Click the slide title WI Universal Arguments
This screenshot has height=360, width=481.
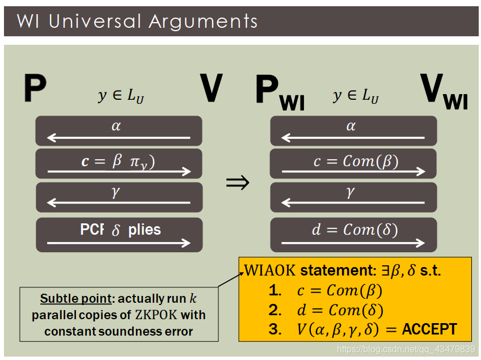click(137, 22)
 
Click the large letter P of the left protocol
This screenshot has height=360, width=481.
click(35, 89)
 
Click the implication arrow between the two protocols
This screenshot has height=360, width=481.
click(238, 182)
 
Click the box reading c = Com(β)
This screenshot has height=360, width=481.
click(353, 163)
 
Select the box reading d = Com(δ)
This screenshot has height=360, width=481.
click(353, 233)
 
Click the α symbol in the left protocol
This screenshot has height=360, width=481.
click(116, 126)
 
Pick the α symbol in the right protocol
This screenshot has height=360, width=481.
click(351, 126)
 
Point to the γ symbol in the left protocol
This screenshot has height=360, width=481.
click(116, 193)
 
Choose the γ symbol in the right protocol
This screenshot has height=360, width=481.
click(351, 193)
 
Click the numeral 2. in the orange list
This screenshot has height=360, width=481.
click(275, 310)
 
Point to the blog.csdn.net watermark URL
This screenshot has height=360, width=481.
click(405, 349)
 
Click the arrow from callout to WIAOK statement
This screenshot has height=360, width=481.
click(230, 278)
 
